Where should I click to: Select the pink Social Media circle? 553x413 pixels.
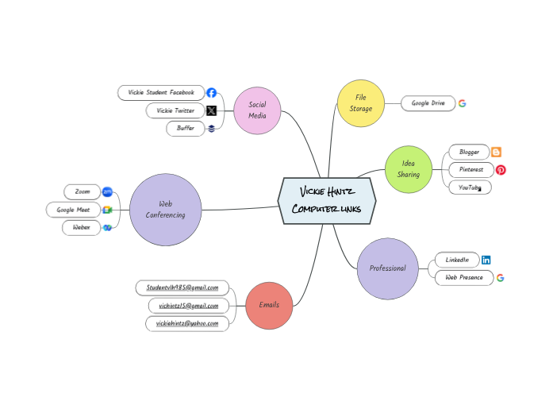257,110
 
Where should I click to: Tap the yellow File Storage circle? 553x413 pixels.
361,103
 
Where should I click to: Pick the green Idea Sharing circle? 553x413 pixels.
409,169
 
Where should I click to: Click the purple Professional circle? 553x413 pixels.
387,268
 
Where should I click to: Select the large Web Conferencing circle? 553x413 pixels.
165,210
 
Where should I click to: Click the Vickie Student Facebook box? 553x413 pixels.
161,93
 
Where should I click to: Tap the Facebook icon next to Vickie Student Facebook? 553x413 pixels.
212,93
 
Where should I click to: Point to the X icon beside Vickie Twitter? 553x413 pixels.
212,110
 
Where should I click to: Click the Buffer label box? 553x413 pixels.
185,128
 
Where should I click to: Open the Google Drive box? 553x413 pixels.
428,103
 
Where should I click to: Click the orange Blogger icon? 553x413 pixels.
497,152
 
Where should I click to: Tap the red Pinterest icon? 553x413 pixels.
501,170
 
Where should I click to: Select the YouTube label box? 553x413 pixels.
469,187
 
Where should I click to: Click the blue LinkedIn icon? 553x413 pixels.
486,260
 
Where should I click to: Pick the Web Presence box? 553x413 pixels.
463,278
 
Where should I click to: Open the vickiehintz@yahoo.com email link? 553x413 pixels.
187,323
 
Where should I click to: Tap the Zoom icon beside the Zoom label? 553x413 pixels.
107,191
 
